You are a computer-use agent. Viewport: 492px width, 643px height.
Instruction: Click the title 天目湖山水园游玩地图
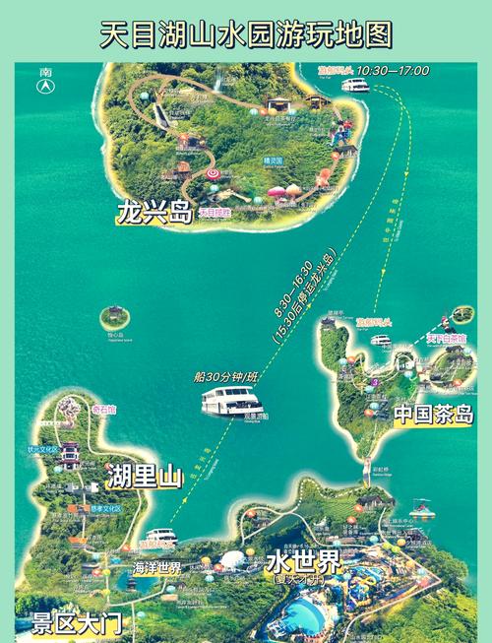(246, 35)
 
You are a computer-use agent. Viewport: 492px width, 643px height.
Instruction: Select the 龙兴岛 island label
(153, 213)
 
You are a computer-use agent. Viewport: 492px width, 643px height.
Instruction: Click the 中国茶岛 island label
(434, 415)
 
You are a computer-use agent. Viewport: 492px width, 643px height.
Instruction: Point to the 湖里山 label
(145, 479)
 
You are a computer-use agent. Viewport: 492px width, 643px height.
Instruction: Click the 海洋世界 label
(156, 568)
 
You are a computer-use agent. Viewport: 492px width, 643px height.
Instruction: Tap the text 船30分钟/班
(225, 376)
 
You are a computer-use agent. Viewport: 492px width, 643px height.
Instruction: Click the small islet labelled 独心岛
(115, 318)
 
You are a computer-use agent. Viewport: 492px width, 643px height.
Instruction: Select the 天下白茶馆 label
(446, 339)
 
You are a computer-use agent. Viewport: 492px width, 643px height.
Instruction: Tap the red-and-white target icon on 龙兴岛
(213, 174)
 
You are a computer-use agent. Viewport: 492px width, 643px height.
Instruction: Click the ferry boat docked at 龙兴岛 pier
(355, 86)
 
